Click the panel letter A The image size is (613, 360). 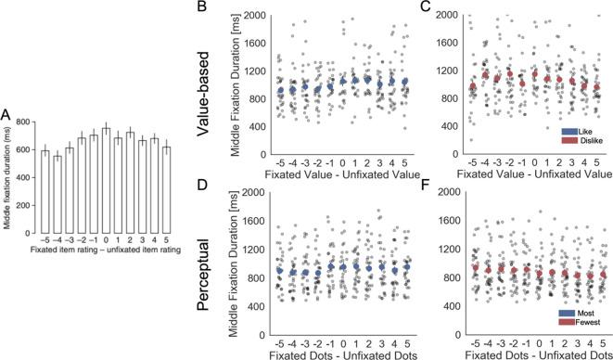coord(7,115)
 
